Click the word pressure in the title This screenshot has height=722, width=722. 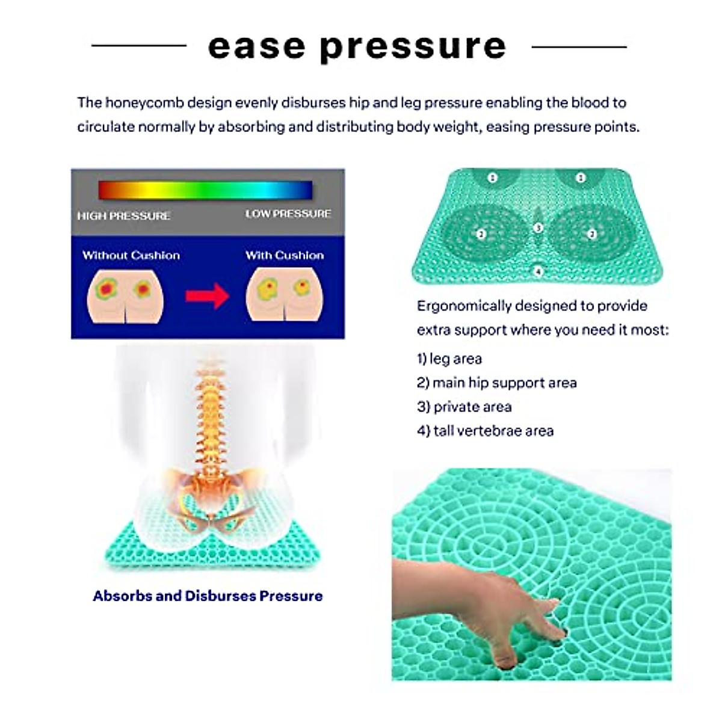point(413,47)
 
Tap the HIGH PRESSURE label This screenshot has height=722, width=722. point(123,216)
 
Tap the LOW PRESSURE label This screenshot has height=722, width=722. point(288,214)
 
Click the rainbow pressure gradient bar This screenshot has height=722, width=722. point(205,190)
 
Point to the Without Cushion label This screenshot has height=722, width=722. point(131,255)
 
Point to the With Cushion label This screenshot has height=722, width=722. point(285,255)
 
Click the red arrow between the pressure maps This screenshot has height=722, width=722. point(207,296)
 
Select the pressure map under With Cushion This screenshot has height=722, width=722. point(285,295)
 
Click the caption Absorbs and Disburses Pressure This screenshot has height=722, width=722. point(208,596)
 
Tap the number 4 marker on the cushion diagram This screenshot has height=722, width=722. point(538,271)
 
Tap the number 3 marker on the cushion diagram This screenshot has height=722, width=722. point(538,228)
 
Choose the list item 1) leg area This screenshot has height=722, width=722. point(449,359)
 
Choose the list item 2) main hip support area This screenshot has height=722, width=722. point(497,383)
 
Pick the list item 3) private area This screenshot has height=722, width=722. point(464,407)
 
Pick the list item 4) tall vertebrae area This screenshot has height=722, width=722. point(485,431)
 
